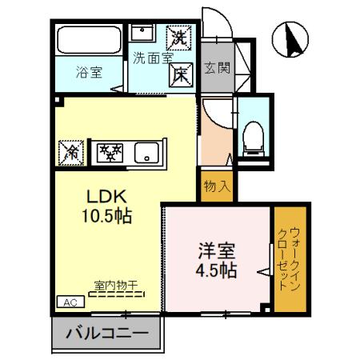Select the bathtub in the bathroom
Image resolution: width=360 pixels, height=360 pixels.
89,39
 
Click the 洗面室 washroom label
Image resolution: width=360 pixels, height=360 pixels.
153,58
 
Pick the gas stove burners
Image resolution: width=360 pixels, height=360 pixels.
110,150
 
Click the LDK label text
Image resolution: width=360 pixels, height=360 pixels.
106,197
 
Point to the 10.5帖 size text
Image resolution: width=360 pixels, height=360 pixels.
106,215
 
